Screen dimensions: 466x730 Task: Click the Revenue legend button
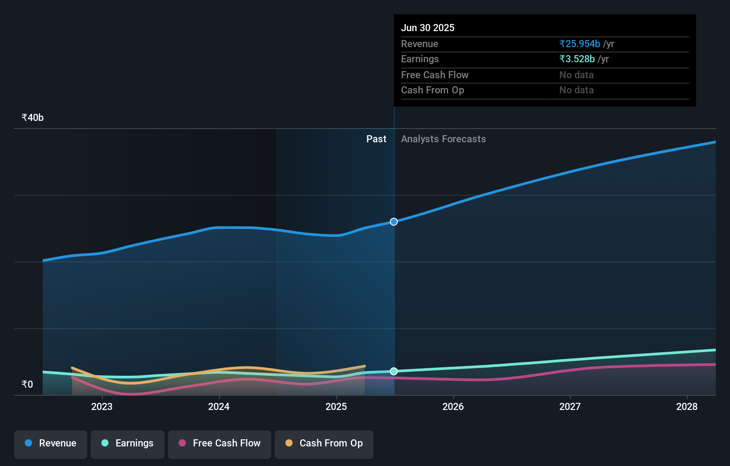(x=51, y=443)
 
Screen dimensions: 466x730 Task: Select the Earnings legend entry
(x=128, y=443)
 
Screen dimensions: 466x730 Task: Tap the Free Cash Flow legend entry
(x=220, y=443)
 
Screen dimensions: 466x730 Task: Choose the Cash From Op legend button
(x=324, y=443)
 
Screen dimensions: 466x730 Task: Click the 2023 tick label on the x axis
(x=102, y=406)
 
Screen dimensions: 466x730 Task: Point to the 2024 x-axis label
(x=219, y=406)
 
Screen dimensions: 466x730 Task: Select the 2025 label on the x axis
(x=336, y=406)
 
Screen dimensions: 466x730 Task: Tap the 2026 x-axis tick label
(x=453, y=406)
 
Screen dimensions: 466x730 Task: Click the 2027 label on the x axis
(x=570, y=406)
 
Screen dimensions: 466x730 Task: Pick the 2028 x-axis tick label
(x=687, y=406)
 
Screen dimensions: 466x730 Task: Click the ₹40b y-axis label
(x=32, y=117)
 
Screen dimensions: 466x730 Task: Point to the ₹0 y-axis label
(x=27, y=384)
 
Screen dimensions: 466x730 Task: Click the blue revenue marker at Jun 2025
(x=394, y=221)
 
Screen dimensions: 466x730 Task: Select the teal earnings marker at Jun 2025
(x=394, y=371)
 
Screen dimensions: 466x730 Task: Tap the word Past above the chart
(x=376, y=139)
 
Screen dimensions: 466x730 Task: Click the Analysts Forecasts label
(x=443, y=139)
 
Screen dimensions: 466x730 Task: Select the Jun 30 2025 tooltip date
(x=428, y=28)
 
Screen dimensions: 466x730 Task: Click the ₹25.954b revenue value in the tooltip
(x=580, y=44)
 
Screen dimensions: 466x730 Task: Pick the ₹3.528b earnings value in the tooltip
(x=577, y=59)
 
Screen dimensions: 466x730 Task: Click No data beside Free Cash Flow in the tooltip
(x=576, y=75)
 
